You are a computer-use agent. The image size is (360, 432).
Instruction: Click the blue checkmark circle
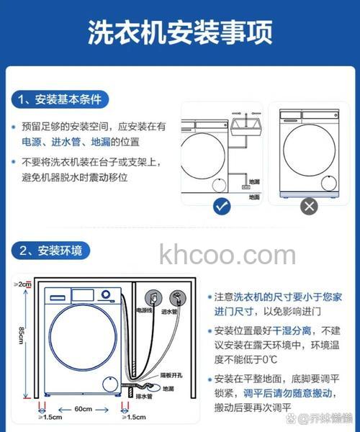(222, 207)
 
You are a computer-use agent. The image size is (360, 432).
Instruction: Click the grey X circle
(308, 207)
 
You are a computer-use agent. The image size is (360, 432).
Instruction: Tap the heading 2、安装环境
(50, 251)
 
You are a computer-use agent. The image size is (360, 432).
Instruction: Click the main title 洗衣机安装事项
(180, 32)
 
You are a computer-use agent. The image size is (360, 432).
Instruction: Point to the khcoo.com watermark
(227, 255)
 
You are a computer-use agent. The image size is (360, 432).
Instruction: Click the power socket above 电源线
(152, 296)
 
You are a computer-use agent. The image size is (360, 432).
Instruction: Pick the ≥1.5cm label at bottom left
(50, 417)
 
